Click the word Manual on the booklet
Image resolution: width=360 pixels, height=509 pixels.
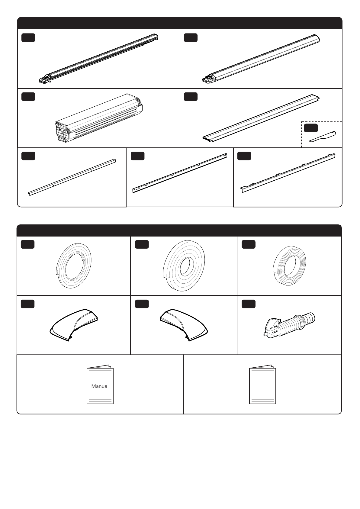(100, 386)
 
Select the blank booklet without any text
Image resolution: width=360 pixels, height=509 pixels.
(262, 384)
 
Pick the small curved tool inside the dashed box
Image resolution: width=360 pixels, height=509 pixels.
(323, 137)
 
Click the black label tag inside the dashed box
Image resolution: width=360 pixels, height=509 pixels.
(311, 128)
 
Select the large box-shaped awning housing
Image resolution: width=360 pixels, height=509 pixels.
(98, 118)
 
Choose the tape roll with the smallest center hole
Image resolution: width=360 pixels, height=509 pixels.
(184, 266)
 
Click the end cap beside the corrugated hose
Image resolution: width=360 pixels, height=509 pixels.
(184, 325)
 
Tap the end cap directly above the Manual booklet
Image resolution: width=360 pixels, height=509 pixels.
(74, 325)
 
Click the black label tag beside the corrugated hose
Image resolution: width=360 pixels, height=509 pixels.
(249, 304)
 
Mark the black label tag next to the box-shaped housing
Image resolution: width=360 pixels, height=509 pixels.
(28, 97)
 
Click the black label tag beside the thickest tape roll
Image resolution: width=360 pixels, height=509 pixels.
(142, 244)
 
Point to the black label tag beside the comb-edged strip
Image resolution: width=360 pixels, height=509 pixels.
(244, 156)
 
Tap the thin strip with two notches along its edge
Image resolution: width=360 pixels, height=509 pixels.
(180, 173)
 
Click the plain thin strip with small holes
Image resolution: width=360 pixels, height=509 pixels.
(72, 177)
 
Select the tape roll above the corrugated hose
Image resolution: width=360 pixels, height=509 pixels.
(289, 266)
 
